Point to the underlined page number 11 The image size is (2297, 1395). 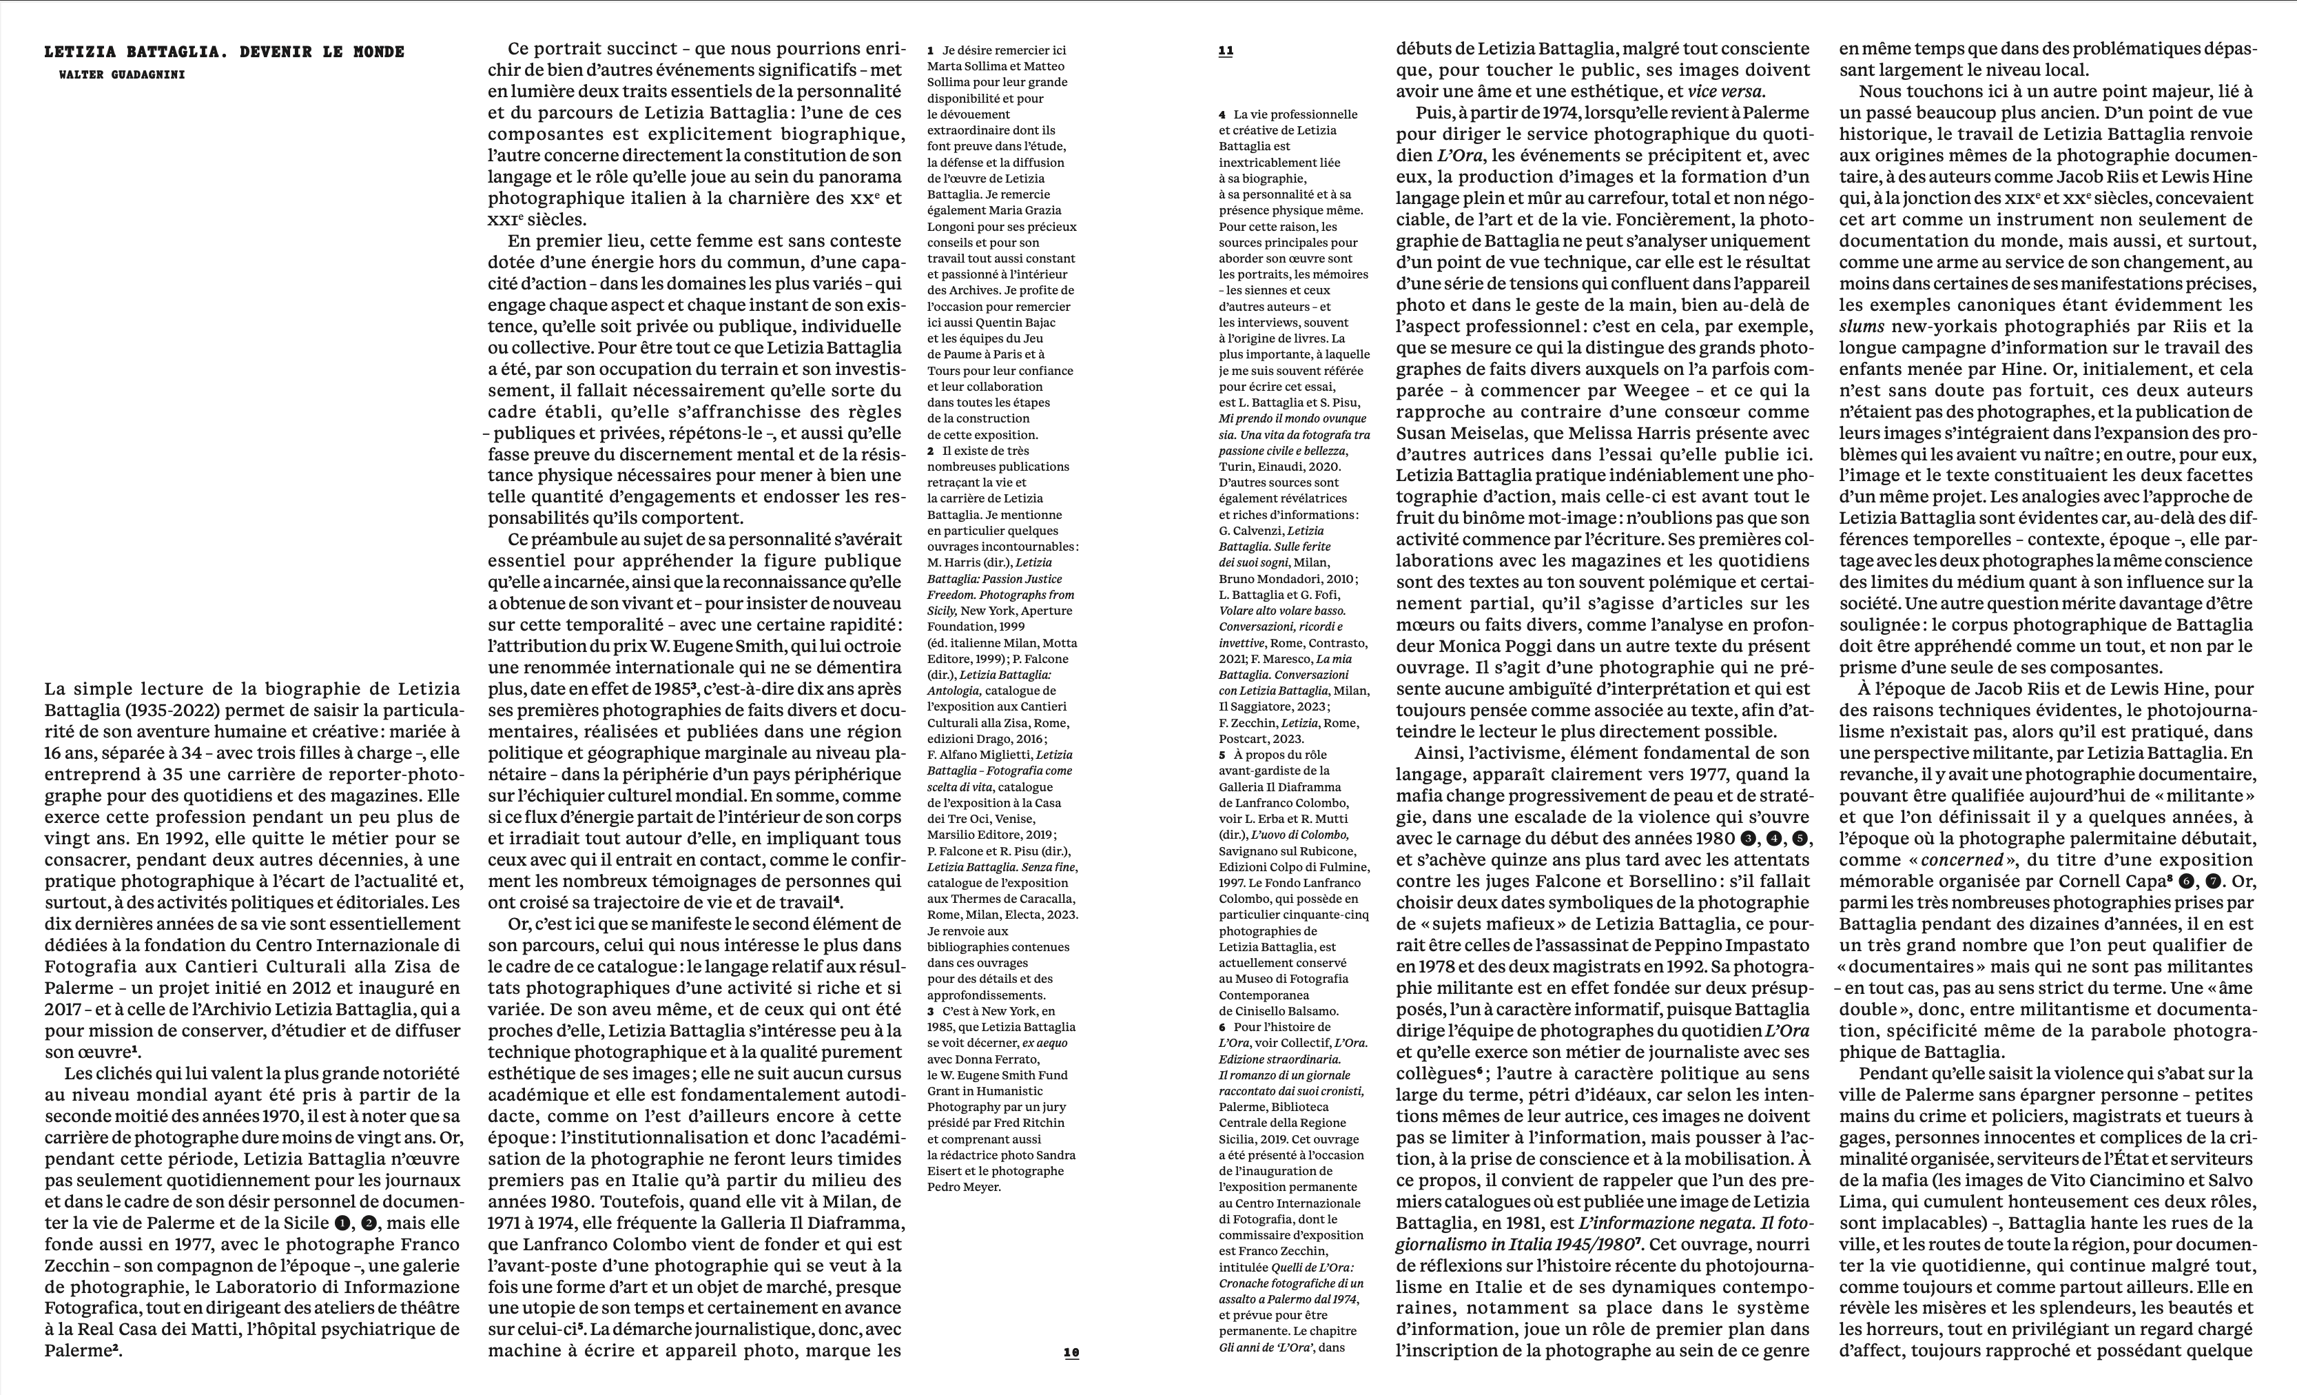pyautogui.click(x=1226, y=51)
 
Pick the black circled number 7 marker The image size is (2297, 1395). pyautogui.click(x=2205, y=882)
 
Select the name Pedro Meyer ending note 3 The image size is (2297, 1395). pyautogui.click(x=964, y=1187)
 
